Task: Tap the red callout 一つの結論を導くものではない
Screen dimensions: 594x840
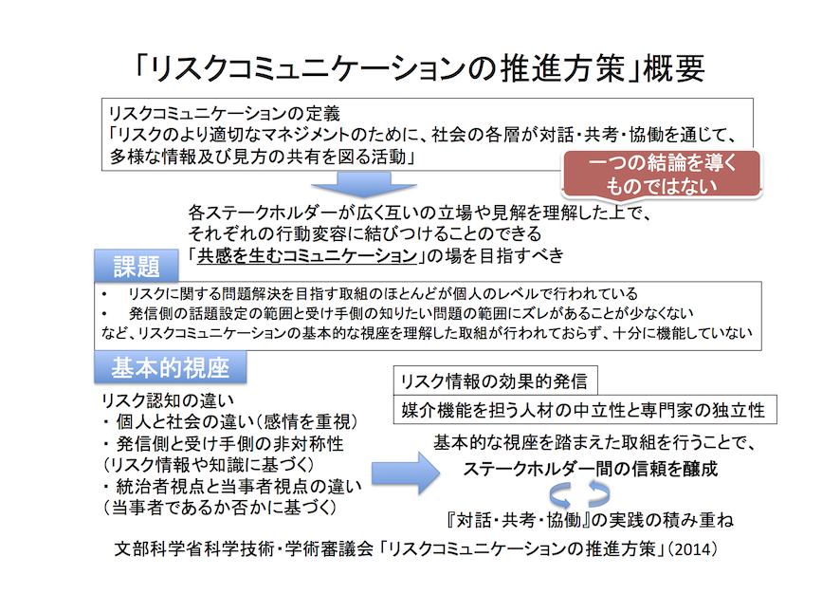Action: [662, 175]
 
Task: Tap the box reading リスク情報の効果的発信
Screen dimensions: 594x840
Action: [493, 381]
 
